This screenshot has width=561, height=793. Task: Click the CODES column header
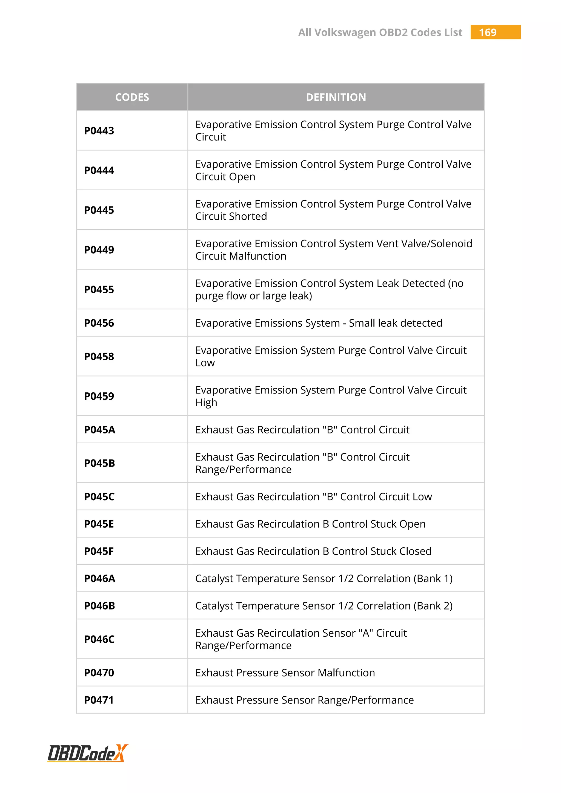[132, 97]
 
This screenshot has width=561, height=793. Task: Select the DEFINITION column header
[336, 97]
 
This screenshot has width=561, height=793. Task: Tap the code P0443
[99, 131]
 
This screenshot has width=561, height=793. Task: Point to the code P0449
[99, 250]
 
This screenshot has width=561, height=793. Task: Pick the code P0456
[99, 323]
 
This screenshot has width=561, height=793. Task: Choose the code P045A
[100, 430]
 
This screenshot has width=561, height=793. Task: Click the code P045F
[99, 551]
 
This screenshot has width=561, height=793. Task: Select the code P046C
[99, 639]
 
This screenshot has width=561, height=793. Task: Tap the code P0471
[99, 700]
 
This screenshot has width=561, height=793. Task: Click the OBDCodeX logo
[88, 753]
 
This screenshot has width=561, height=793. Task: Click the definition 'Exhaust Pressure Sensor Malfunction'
[285, 673]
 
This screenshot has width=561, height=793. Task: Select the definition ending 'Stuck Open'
[310, 524]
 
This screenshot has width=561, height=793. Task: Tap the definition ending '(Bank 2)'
[324, 606]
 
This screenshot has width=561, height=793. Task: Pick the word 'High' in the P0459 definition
[206, 403]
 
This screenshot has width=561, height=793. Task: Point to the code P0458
[99, 357]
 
